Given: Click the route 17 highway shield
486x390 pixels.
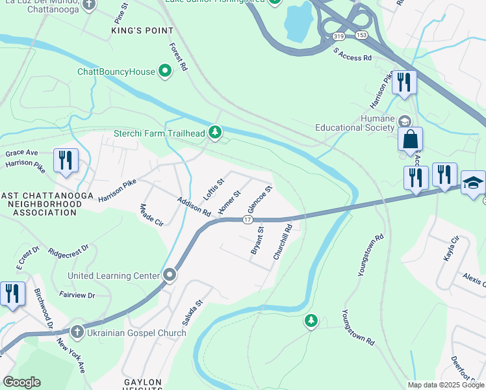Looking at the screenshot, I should pos(248,220).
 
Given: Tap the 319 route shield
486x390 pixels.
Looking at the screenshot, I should pos(338,38).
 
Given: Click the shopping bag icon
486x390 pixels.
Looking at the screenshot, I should pos(410,139).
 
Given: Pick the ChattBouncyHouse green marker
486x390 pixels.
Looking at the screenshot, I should pos(165,71).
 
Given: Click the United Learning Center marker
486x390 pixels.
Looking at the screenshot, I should pos(170,275).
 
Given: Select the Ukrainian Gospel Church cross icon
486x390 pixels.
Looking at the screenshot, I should pos(77,332).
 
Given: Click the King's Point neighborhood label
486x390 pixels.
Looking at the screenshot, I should pos(143,31).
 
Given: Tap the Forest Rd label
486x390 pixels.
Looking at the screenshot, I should pos(178,57).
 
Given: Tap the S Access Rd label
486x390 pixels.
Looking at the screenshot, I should pos(352,55).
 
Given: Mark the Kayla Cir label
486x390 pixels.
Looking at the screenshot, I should pos(451,249).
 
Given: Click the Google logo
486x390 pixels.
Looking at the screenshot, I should pos(21,382).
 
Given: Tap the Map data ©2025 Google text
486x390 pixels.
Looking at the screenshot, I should pos(445,385).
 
